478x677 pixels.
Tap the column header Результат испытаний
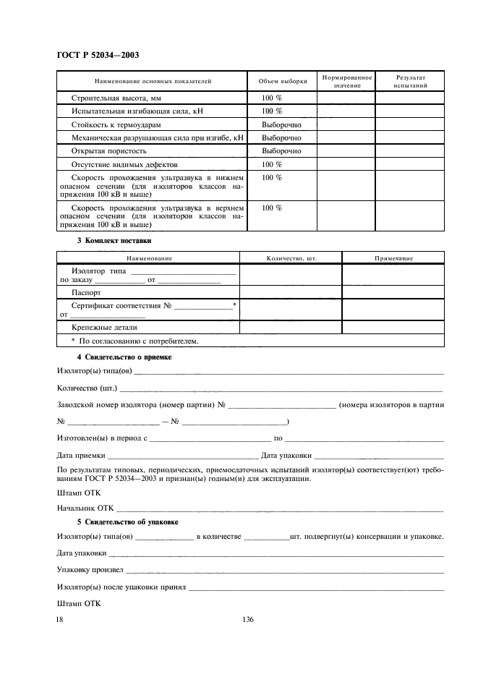point(410,81)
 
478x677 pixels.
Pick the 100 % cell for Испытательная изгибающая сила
point(272,111)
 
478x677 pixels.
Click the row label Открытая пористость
point(109,151)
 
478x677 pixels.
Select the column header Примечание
point(393,257)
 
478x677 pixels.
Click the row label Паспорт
point(86,292)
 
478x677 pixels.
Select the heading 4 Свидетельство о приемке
point(124,357)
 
